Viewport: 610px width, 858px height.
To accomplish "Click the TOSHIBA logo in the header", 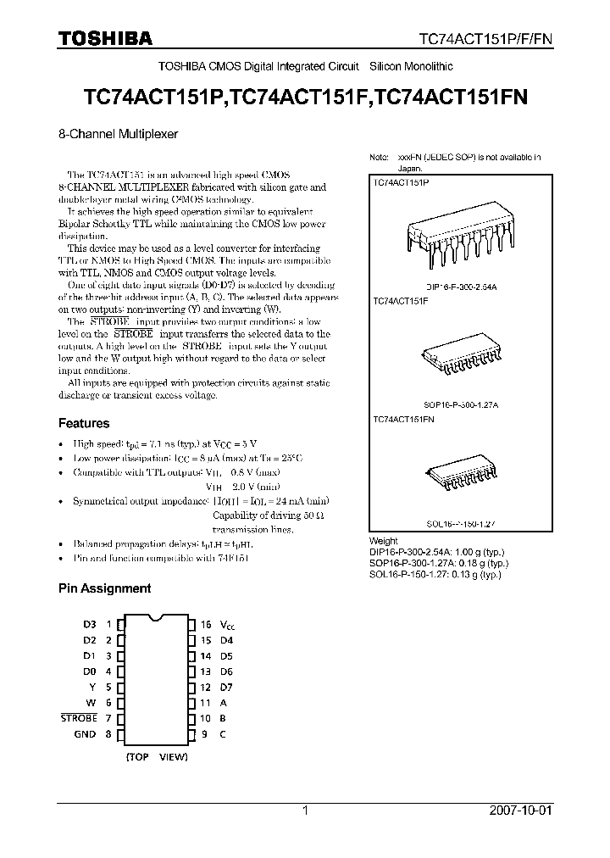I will (105, 38).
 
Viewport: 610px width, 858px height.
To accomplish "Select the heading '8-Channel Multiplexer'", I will (118, 133).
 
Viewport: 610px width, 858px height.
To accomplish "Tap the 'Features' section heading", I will (84, 423).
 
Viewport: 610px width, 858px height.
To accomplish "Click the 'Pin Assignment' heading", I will (104, 588).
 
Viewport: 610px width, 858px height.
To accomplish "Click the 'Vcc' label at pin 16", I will (227, 625).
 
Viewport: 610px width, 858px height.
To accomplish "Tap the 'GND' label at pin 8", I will (85, 734).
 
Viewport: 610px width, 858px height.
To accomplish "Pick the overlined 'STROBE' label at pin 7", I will (79, 718).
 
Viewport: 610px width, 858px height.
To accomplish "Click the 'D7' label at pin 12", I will (226, 687).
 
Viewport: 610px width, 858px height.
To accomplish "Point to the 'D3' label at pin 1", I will (90, 625).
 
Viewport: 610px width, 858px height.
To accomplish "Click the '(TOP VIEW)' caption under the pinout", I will (157, 756).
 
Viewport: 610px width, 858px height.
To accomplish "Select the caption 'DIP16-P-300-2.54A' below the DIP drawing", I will (461, 288).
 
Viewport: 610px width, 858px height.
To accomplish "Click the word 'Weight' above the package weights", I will (384, 541).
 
